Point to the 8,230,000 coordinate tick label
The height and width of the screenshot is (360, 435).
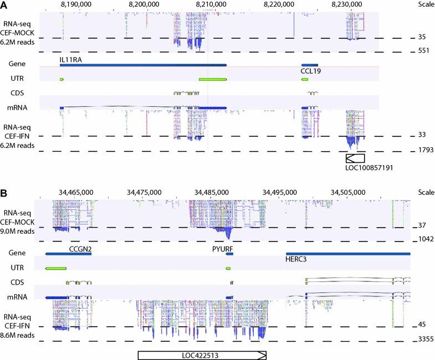(x=346, y=4)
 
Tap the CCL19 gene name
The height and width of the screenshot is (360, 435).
(x=311, y=71)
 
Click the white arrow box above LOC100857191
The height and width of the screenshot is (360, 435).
(x=355, y=158)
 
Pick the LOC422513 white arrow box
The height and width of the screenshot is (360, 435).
(x=202, y=355)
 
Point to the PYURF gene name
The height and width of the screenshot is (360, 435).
(x=223, y=249)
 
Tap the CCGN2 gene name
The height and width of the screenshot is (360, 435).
(x=80, y=249)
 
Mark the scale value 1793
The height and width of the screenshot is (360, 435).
(x=424, y=150)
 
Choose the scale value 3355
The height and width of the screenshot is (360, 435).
(x=424, y=341)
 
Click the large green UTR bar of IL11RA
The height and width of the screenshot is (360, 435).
(x=212, y=80)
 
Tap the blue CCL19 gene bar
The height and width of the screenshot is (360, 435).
(x=310, y=64)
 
